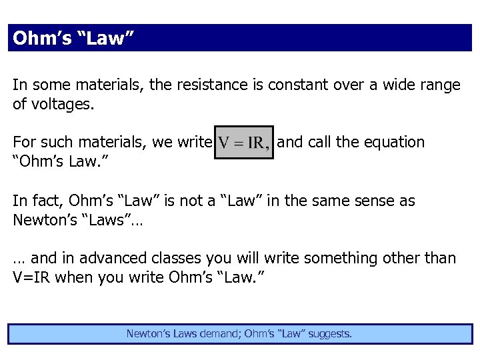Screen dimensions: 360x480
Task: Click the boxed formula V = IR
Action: pyautogui.click(x=244, y=143)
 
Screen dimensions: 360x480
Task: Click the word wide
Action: pyautogui.click(x=391, y=85)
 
